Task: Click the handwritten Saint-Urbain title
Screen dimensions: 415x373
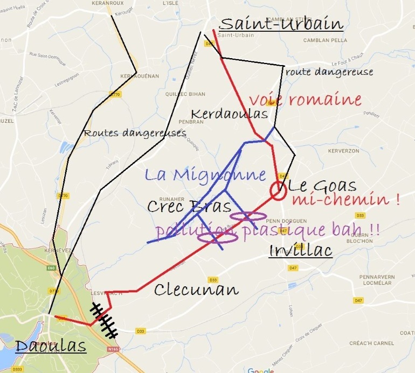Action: [x=281, y=24]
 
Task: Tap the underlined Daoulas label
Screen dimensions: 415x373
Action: [x=51, y=346]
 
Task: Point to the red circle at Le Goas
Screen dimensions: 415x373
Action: [x=278, y=191]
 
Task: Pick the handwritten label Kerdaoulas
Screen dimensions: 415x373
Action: [x=230, y=114]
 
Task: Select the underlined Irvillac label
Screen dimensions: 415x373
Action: [x=300, y=251]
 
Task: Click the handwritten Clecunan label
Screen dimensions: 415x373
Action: [x=196, y=290]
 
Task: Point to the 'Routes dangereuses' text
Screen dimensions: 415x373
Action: [x=135, y=133]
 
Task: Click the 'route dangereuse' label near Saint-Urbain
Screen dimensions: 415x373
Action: [x=329, y=72]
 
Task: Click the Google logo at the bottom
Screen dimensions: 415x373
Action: [x=260, y=370]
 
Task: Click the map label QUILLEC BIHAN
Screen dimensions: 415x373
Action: [x=189, y=94]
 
